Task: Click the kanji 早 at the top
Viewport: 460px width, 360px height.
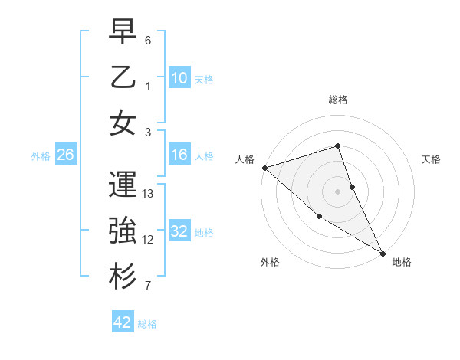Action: (x=123, y=33)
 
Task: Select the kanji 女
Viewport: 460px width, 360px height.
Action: (x=123, y=123)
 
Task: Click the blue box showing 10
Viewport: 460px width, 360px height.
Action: (x=179, y=77)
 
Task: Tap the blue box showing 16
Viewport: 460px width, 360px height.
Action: (x=179, y=155)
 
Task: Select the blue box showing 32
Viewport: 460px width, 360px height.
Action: (x=179, y=231)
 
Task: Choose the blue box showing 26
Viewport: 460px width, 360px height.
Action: (x=65, y=155)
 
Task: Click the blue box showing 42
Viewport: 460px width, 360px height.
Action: (x=123, y=322)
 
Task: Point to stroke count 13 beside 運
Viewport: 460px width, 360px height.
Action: (x=149, y=194)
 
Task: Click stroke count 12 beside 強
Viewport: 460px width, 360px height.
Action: (x=149, y=240)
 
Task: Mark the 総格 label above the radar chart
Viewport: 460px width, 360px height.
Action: (x=338, y=100)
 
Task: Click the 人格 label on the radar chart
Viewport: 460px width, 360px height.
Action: (x=245, y=159)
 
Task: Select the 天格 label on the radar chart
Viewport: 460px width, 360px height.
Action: (x=431, y=159)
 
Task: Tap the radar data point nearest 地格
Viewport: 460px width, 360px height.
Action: (x=383, y=253)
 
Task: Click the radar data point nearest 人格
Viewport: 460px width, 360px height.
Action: (x=264, y=168)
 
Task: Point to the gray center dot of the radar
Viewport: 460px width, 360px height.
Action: (x=338, y=191)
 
